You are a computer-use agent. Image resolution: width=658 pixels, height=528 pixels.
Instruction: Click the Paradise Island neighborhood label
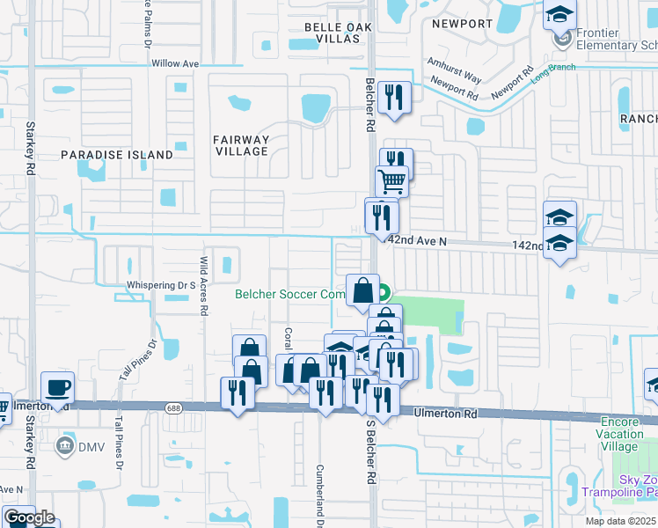[117, 155]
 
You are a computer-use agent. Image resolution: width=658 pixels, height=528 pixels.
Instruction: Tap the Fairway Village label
[241, 145]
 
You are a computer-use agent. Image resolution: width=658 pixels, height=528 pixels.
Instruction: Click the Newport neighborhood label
[460, 24]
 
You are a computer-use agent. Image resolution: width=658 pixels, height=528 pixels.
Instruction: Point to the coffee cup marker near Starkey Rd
[58, 387]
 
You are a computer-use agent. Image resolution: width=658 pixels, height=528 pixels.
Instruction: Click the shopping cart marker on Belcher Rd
[391, 182]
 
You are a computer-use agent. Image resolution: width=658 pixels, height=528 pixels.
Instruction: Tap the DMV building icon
[65, 445]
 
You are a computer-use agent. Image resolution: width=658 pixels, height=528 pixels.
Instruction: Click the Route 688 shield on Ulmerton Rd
[173, 406]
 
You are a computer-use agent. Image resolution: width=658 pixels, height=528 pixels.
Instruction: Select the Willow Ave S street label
[176, 64]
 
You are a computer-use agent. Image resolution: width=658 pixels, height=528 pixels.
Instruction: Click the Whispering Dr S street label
[161, 285]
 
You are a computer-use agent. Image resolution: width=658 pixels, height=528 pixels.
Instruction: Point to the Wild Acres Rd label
[202, 285]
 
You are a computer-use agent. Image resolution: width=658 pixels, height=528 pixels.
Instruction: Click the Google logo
[29, 517]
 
